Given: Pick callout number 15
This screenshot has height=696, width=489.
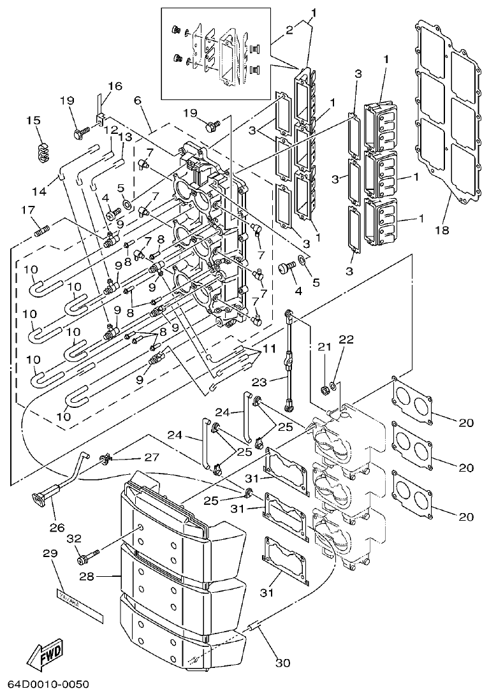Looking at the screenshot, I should point(33,120).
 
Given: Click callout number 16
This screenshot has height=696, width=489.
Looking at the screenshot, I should point(114,86).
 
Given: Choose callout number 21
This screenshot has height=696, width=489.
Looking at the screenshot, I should point(325,346).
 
